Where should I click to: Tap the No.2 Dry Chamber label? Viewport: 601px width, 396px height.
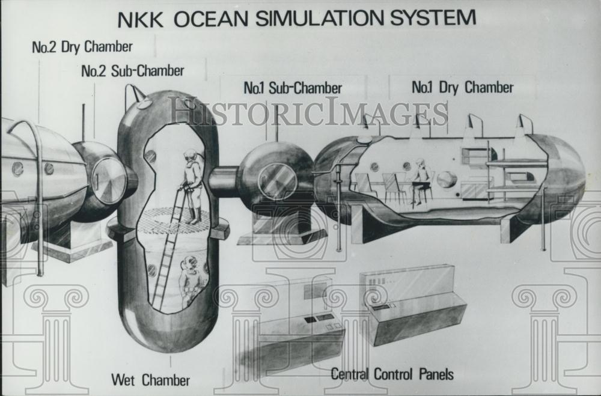tap(82, 47)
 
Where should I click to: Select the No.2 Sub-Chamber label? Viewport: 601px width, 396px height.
tap(132, 71)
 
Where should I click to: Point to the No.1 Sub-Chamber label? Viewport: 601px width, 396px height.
tap(293, 88)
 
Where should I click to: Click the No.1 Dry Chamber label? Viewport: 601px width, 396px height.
tap(462, 88)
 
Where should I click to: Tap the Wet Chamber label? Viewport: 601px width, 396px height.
tap(150, 380)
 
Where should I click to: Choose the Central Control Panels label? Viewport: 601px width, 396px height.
tap(392, 374)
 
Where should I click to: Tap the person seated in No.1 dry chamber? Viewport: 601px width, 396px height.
tap(420, 180)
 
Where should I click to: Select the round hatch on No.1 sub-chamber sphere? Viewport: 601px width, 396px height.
tap(277, 181)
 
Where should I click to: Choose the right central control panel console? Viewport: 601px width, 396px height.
tap(415, 303)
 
